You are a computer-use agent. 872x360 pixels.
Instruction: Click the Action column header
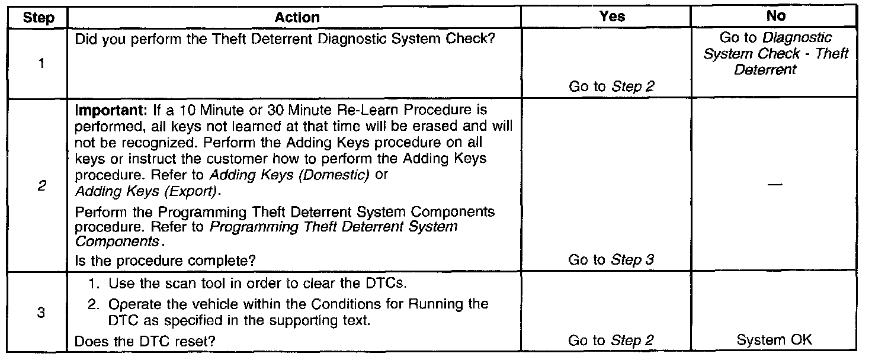[297, 17]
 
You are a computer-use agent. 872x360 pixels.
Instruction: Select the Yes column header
[612, 17]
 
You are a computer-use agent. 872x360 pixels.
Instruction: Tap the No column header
[776, 17]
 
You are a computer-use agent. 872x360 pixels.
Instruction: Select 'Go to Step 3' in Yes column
[611, 260]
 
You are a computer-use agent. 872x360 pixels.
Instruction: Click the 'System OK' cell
[774, 340]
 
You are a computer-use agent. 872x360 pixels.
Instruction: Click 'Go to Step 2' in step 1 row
[611, 86]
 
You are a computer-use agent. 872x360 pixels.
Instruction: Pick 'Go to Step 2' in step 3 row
[611, 340]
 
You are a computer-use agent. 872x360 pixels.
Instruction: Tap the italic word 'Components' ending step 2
[117, 242]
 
